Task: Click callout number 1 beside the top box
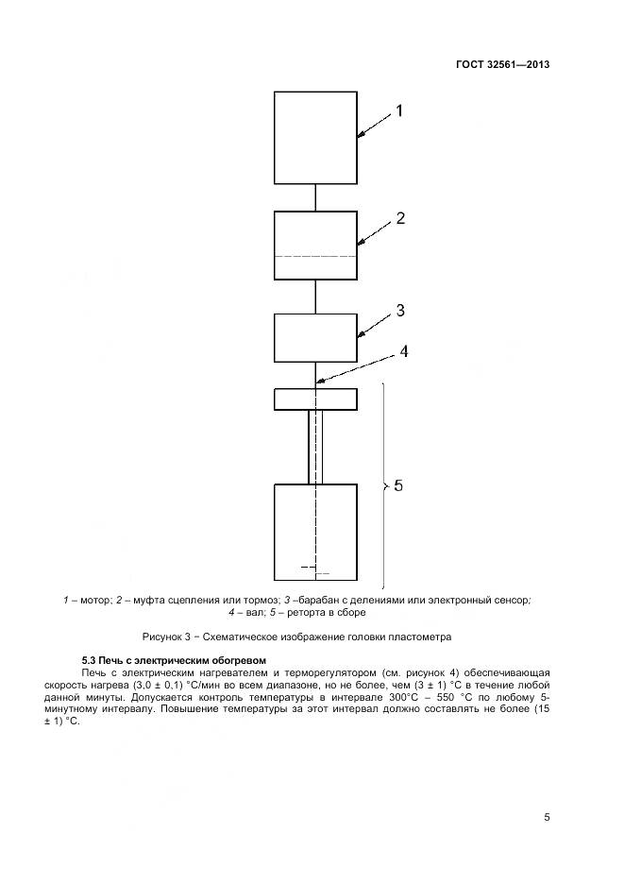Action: [x=398, y=110]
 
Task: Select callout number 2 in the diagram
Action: [x=400, y=218]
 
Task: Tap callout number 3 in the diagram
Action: [x=400, y=310]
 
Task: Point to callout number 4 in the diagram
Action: [x=403, y=351]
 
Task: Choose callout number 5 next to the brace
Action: [x=398, y=485]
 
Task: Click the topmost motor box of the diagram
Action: [x=315, y=138]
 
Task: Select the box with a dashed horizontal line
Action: [x=315, y=246]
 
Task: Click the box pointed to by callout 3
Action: [x=315, y=337]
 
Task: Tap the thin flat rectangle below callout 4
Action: [x=315, y=399]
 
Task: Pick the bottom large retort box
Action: [x=315, y=533]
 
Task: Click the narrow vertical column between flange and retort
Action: [x=315, y=447]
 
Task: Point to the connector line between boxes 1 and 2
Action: [x=315, y=197]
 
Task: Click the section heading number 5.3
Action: [x=91, y=659]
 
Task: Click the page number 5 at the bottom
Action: [x=547, y=818]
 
